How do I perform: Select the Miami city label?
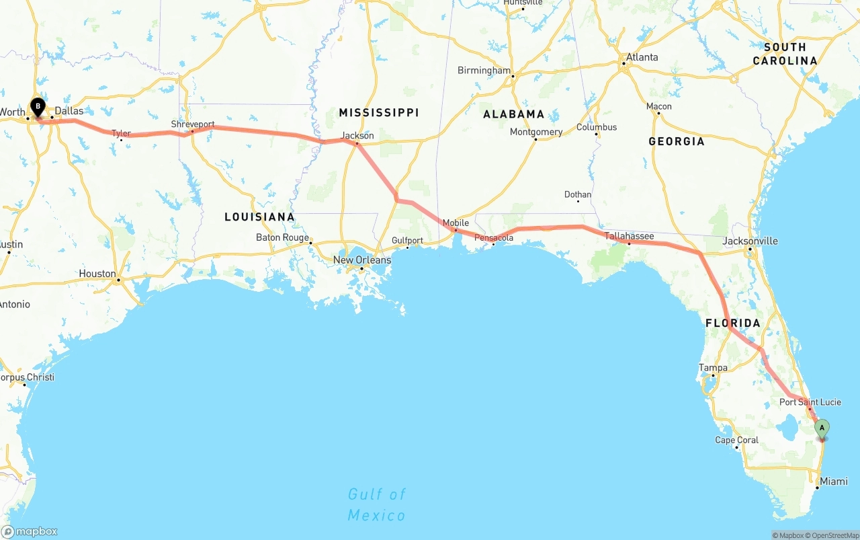pyautogui.click(x=833, y=481)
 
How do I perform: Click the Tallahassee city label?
pyautogui.click(x=629, y=236)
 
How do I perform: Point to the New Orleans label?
pyautogui.click(x=362, y=260)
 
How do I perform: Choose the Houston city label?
pyautogui.click(x=97, y=274)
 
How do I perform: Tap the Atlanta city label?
pyautogui.click(x=642, y=57)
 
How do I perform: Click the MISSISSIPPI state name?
pyautogui.click(x=378, y=112)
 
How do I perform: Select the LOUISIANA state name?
pyautogui.click(x=259, y=217)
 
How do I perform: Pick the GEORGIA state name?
pyautogui.click(x=676, y=141)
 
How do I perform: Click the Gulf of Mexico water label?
pyautogui.click(x=376, y=505)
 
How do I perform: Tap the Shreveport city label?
pyautogui.click(x=193, y=124)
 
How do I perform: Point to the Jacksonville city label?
pyautogui.click(x=750, y=241)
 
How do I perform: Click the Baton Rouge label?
pyautogui.click(x=282, y=237)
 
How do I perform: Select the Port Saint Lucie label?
pyautogui.click(x=810, y=402)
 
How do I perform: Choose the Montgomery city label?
pyautogui.click(x=535, y=132)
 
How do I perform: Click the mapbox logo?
pyautogui.click(x=30, y=531)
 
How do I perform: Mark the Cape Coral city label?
pyautogui.click(x=736, y=440)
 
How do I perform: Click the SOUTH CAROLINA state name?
pyautogui.click(x=785, y=54)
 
